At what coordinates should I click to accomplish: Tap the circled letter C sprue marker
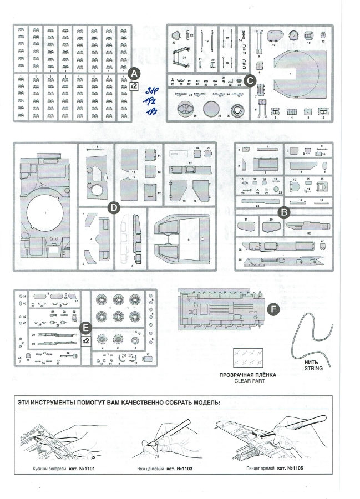point(249,80)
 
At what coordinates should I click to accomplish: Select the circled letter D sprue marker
point(113,207)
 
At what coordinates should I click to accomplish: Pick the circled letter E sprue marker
point(84,328)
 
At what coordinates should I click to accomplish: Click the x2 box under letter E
point(85,341)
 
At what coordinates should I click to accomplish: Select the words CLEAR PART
point(248,381)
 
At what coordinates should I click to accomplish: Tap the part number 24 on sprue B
point(258,205)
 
